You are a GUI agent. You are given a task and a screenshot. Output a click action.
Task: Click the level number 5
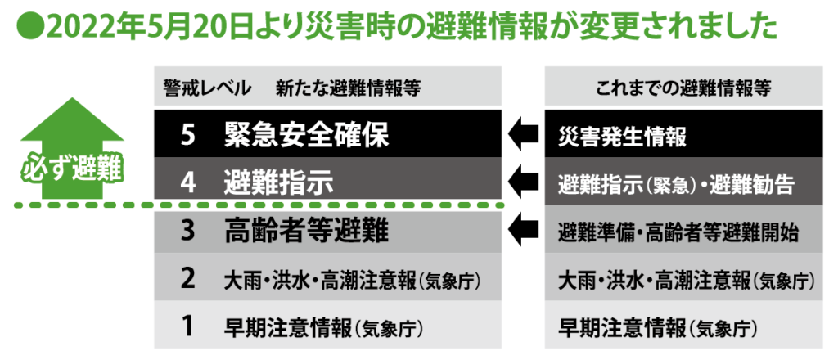click(187, 135)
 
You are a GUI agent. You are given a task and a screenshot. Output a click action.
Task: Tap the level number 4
click(187, 182)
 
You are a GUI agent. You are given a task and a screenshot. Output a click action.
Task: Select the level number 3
click(187, 232)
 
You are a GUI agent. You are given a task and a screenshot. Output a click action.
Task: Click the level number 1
click(187, 326)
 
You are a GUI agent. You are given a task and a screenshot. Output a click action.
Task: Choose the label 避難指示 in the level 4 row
click(279, 182)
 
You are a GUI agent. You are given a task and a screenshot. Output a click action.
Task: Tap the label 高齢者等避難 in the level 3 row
click(305, 232)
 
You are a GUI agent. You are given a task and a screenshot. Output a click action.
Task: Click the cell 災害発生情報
click(623, 136)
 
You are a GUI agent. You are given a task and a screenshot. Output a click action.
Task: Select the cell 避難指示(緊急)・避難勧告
click(677, 183)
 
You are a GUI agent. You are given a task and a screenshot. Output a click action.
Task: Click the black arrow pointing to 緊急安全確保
click(523, 133)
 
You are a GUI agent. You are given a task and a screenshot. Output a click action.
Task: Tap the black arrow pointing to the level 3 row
click(523, 229)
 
